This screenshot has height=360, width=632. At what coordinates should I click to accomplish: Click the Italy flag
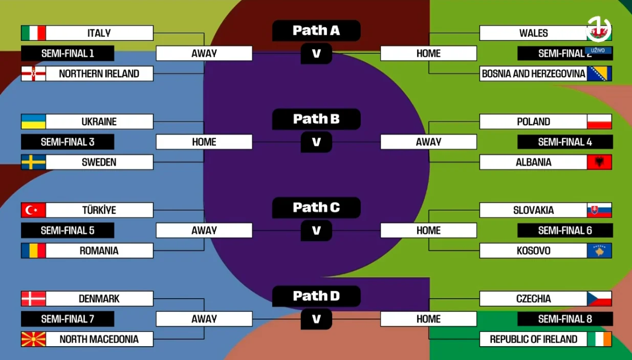(33, 33)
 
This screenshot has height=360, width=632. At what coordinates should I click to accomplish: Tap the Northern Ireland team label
(99, 74)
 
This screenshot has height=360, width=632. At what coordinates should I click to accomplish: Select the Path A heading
(316, 31)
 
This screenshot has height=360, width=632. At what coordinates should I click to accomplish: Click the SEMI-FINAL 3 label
(68, 142)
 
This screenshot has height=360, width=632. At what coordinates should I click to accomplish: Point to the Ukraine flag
(33, 122)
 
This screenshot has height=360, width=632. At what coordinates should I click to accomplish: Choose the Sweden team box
(99, 163)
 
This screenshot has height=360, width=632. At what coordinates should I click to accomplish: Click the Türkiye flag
(33, 210)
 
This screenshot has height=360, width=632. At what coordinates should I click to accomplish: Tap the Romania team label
(99, 251)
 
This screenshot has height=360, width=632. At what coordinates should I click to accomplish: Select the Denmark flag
(33, 299)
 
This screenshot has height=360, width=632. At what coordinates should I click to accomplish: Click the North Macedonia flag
(33, 339)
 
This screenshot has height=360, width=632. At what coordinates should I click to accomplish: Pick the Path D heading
(316, 296)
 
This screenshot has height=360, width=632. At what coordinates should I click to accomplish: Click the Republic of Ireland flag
(599, 339)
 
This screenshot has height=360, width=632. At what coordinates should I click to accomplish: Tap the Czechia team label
(533, 299)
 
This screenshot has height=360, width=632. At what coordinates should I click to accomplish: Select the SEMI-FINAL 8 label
(565, 319)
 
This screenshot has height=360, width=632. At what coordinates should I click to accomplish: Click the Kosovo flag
(599, 251)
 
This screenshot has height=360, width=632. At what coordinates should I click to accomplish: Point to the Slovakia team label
(533, 210)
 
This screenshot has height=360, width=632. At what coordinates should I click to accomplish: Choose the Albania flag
(599, 163)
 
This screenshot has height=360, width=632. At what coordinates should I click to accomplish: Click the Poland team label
(533, 122)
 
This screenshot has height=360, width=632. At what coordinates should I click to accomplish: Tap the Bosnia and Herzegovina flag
(599, 74)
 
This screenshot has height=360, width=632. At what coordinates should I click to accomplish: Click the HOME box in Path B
(204, 142)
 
